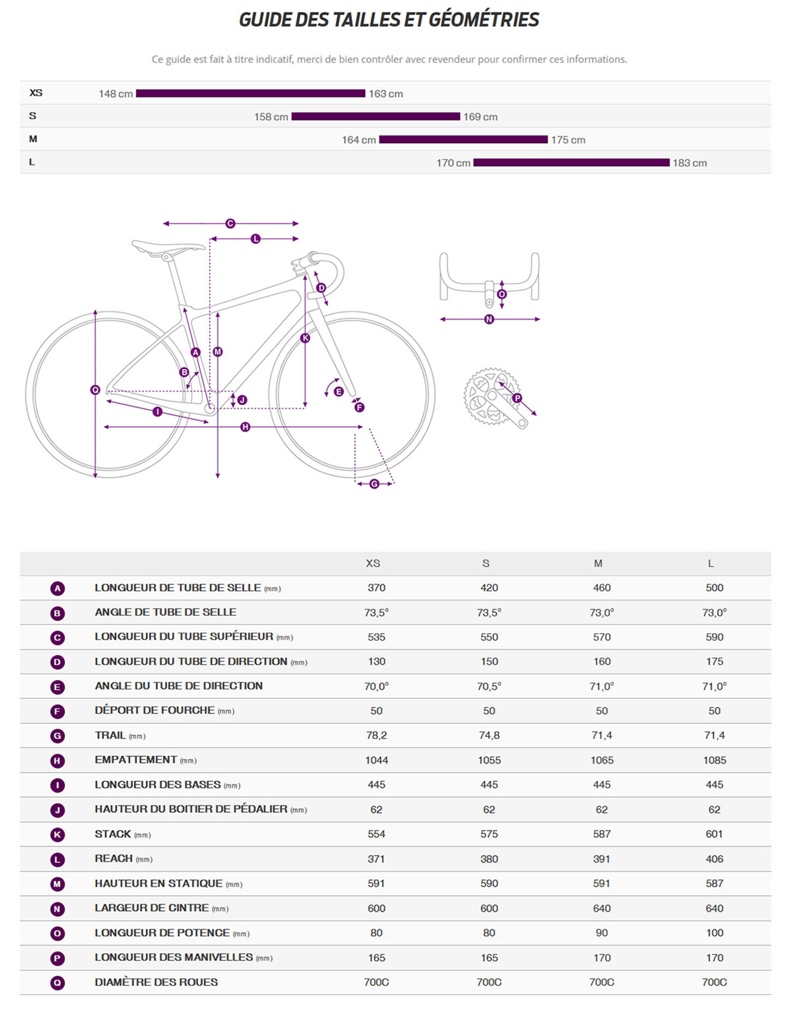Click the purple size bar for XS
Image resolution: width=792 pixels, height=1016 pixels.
pos(250,93)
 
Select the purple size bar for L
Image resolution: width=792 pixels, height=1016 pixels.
pos(571,163)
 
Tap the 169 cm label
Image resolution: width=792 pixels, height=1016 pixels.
pos(480,117)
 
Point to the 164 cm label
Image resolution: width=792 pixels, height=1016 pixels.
pos(359,140)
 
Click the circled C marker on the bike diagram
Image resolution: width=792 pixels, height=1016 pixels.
pos(230,223)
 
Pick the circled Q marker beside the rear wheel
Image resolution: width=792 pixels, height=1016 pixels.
pos(95,390)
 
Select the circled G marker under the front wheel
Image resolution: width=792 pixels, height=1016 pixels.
pos(374,484)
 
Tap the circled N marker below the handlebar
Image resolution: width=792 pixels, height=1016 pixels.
pos(489,319)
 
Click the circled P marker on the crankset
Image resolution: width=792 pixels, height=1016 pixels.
pos(517,398)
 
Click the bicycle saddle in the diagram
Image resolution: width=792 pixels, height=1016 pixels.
pos(168,247)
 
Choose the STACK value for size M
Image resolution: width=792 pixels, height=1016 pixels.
pos(601,834)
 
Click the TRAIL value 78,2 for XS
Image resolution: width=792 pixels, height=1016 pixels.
pos(376,735)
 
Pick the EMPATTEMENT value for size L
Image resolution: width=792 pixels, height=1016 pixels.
pos(714,760)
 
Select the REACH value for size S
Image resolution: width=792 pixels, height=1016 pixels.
pos(489,859)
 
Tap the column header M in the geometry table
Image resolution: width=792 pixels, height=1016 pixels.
pos(598,563)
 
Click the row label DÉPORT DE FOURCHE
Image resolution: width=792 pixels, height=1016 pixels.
pos(155,710)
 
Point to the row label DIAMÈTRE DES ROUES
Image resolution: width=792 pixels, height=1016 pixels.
pos(156,982)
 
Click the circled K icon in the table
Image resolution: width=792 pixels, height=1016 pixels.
pos(57,835)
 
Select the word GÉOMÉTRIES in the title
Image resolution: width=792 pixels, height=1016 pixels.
pos(484,20)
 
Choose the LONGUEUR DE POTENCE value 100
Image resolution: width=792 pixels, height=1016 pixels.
pos(714,932)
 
